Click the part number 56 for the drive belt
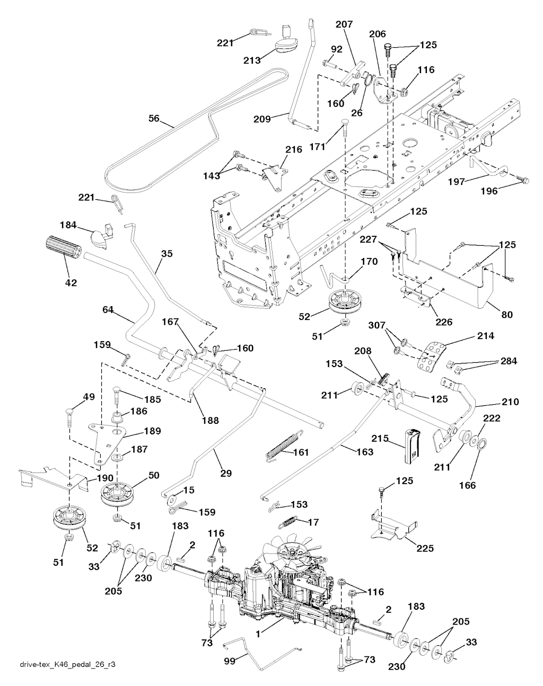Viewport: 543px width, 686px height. [154, 119]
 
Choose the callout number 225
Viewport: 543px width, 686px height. [425, 549]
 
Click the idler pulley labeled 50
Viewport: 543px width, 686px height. [119, 493]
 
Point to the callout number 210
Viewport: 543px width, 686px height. [510, 402]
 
